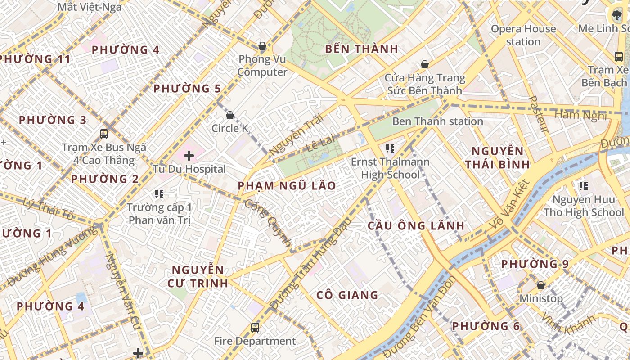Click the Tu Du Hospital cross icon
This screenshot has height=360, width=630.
coord(189,156)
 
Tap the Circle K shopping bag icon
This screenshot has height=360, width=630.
coord(230,115)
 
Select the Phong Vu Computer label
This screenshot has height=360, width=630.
coord(262,66)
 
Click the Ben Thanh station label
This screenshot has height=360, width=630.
coord(437,121)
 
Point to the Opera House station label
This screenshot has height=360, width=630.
coord(523,35)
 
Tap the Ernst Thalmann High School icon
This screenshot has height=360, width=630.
coord(390,148)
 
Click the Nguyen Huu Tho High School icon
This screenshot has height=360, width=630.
coord(584,186)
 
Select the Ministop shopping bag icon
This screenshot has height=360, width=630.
coord(541,285)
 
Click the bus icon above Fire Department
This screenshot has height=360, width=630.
coord(255,327)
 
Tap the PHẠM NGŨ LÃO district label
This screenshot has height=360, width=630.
coord(287,185)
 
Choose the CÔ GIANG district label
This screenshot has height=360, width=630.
coord(347,295)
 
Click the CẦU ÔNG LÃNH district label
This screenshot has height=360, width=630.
coord(416,225)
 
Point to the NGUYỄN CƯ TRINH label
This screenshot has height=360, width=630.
coord(198,276)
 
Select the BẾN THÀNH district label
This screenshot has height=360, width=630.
coord(361,49)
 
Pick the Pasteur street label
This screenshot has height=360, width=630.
coord(538,114)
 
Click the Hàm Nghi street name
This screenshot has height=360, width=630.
coord(580,116)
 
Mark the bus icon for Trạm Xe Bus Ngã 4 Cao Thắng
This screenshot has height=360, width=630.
coord(104,134)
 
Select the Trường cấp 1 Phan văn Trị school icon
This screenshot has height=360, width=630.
coord(159,194)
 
